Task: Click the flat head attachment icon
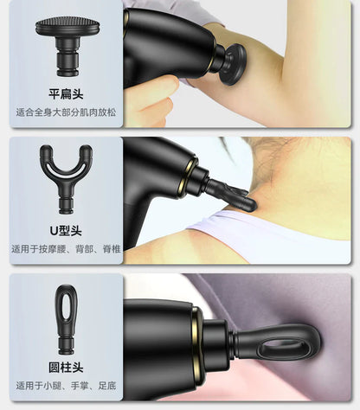(x=67, y=46)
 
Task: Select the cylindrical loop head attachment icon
(x=66, y=319)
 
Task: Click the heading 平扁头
(x=66, y=94)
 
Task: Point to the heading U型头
(x=66, y=231)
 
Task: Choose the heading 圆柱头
(x=66, y=368)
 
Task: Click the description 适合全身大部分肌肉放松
(x=66, y=112)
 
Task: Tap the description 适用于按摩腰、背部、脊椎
(x=66, y=249)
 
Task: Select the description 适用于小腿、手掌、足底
(x=66, y=386)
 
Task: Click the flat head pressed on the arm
(x=233, y=65)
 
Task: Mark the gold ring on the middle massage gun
(x=188, y=176)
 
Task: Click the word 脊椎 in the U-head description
(x=112, y=249)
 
